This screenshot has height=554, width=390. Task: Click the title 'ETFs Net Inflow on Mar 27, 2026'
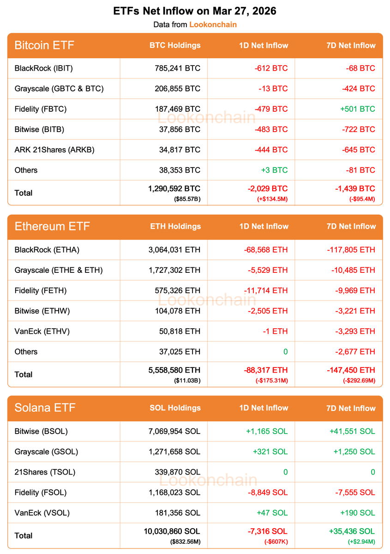[x=195, y=11]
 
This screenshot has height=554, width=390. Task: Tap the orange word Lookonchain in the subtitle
[x=213, y=24]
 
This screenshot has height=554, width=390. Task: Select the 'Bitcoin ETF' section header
[x=44, y=45]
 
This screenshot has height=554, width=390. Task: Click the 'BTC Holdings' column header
[x=175, y=45]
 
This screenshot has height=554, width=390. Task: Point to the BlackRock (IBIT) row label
[x=44, y=68]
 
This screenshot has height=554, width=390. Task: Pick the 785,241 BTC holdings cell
[x=178, y=68]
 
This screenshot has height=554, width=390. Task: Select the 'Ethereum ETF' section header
[x=52, y=226]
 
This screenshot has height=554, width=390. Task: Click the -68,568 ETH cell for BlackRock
[x=265, y=250]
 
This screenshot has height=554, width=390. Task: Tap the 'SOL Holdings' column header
[x=175, y=408]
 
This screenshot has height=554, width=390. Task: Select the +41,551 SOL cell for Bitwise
[x=352, y=431]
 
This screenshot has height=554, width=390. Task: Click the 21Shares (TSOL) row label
[x=45, y=472]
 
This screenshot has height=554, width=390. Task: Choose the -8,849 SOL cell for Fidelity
[x=267, y=492]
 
